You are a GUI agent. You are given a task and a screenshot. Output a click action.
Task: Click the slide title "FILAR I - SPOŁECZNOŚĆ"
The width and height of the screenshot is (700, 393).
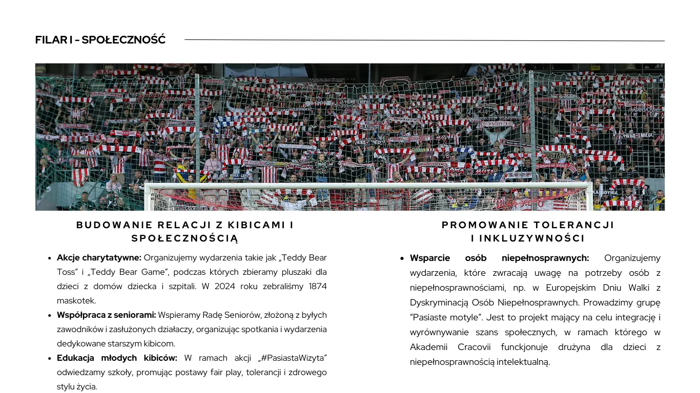[x=100, y=40]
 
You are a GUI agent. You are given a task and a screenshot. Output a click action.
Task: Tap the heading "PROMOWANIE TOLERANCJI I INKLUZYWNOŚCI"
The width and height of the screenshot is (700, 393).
[x=528, y=231]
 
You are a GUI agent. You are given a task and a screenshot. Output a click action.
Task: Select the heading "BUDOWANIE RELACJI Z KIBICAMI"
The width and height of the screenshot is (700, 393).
[x=185, y=225]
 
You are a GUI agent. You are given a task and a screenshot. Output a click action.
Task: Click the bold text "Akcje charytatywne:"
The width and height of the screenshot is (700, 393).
[x=99, y=258]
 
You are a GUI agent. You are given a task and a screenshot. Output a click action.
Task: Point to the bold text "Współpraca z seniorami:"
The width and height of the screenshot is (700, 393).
[x=106, y=315]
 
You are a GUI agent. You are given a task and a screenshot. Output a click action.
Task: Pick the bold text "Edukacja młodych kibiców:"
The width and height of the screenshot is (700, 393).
[x=117, y=358]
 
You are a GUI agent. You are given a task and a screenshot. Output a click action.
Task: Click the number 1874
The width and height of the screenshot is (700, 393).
[x=318, y=287]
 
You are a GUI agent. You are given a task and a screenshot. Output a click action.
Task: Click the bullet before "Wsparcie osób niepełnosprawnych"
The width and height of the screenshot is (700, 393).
[x=403, y=258]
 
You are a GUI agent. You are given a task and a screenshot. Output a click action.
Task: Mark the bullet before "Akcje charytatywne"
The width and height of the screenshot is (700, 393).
[x=50, y=258]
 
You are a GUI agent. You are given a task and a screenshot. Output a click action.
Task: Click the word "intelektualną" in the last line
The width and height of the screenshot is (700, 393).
[x=523, y=362]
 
